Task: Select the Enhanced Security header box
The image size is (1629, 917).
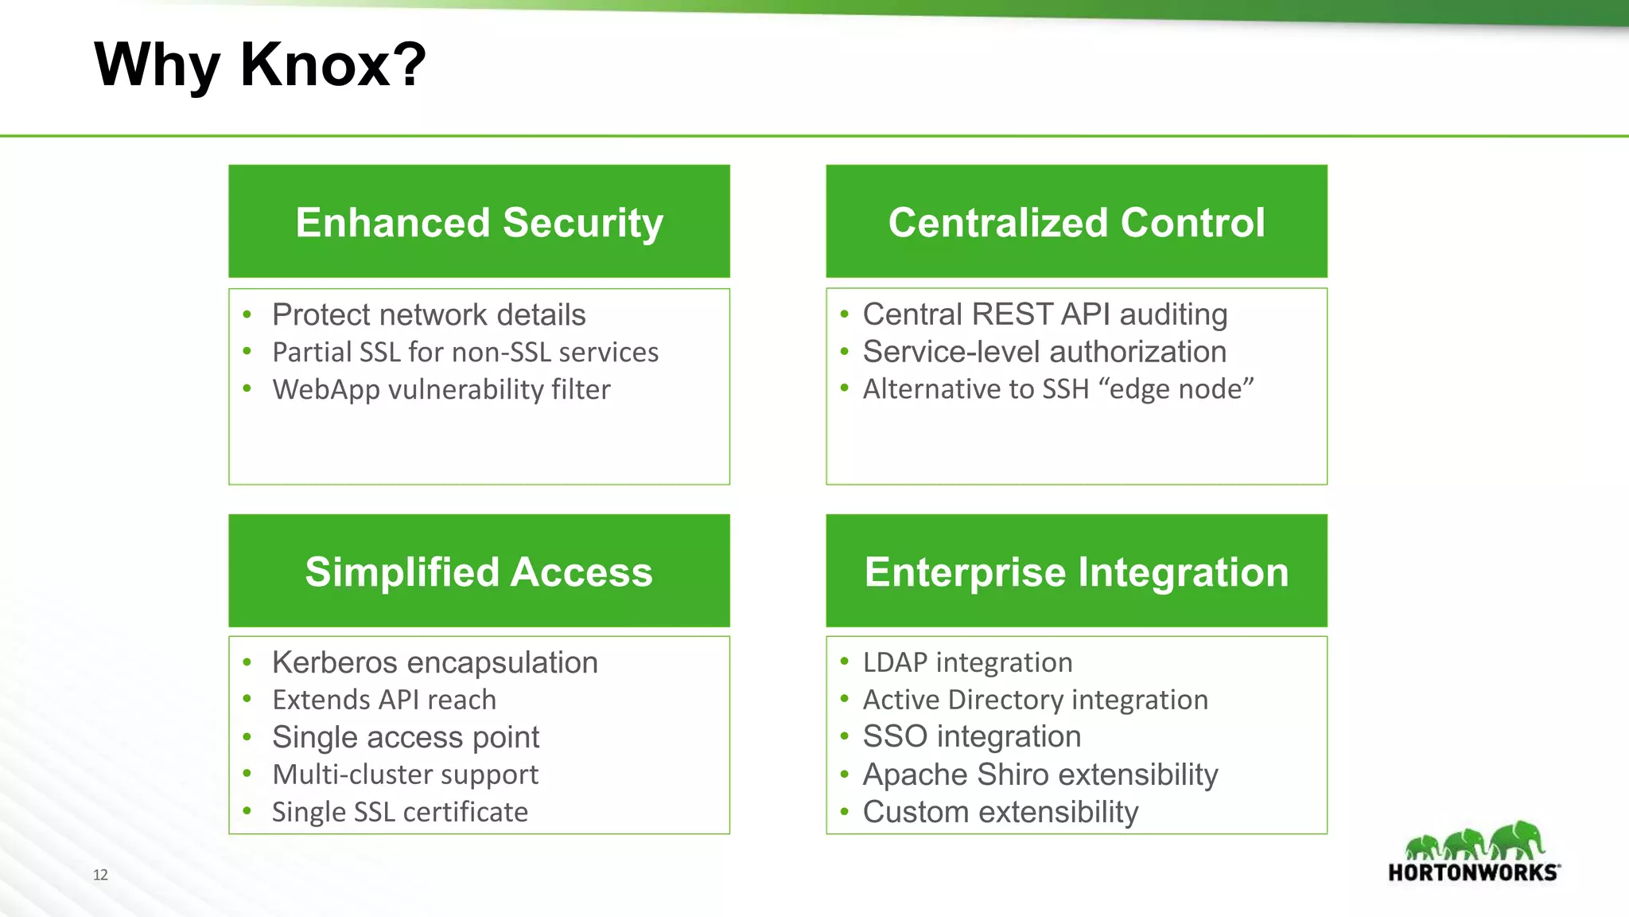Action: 479,222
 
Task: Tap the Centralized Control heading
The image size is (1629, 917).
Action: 1076,222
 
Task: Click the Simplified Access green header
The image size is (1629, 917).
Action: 479,572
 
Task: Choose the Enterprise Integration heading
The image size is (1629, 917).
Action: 1076,572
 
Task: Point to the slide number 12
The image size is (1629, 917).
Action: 100,875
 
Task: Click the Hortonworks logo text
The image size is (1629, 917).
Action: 1472,872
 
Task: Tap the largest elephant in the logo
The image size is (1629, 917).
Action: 1518,840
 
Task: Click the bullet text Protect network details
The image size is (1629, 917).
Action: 429,315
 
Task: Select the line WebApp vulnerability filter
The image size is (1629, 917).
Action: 441,389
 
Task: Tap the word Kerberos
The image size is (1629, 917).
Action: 335,662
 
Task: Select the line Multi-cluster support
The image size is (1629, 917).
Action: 405,775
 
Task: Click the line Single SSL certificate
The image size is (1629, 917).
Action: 400,812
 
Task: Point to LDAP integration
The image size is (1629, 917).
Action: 967,662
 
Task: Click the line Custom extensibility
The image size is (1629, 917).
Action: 1001,812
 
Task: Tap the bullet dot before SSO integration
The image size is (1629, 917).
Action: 845,736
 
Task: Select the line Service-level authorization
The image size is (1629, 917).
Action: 1044,352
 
